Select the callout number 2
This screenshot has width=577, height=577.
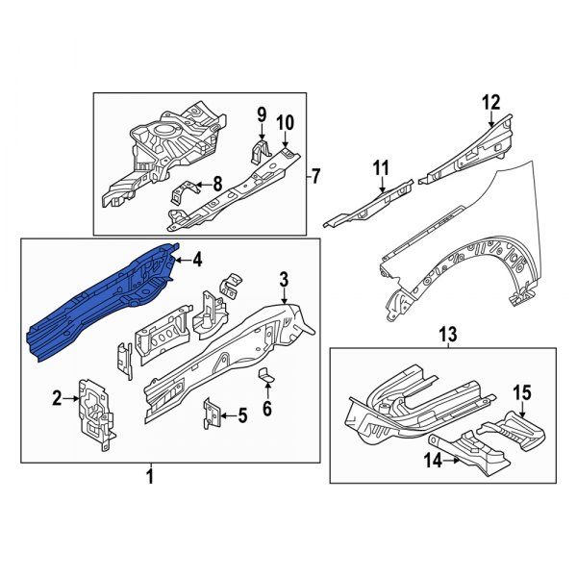pos(57,397)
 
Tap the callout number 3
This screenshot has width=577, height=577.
pos(284,280)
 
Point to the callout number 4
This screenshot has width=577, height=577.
pos(196,259)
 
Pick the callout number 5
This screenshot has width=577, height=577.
pos(241,415)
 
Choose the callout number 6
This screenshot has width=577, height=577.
pos(267,408)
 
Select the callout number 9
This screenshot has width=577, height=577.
pos(260,116)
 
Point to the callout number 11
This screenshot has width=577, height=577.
pos(379,169)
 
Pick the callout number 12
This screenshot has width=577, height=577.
pos(491,102)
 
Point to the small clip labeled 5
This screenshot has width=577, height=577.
pos(210,415)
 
